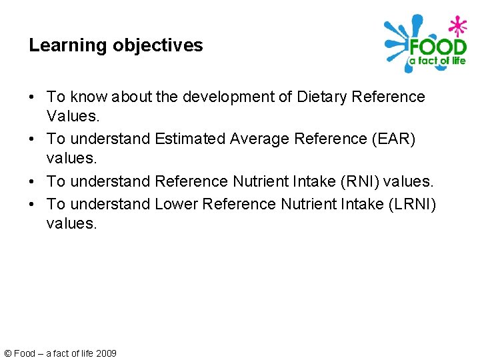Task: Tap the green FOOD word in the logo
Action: tap(437, 47)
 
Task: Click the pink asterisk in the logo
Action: tap(457, 27)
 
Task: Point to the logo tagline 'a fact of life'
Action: tap(437, 61)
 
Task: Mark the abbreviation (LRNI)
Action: tap(411, 203)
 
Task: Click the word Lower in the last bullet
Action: tap(176, 203)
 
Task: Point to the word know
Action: tap(88, 97)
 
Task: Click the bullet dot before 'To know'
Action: tap(33, 97)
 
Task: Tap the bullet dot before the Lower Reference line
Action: tap(33, 203)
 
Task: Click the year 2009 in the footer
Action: tap(106, 353)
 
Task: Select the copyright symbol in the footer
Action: tap(7, 353)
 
